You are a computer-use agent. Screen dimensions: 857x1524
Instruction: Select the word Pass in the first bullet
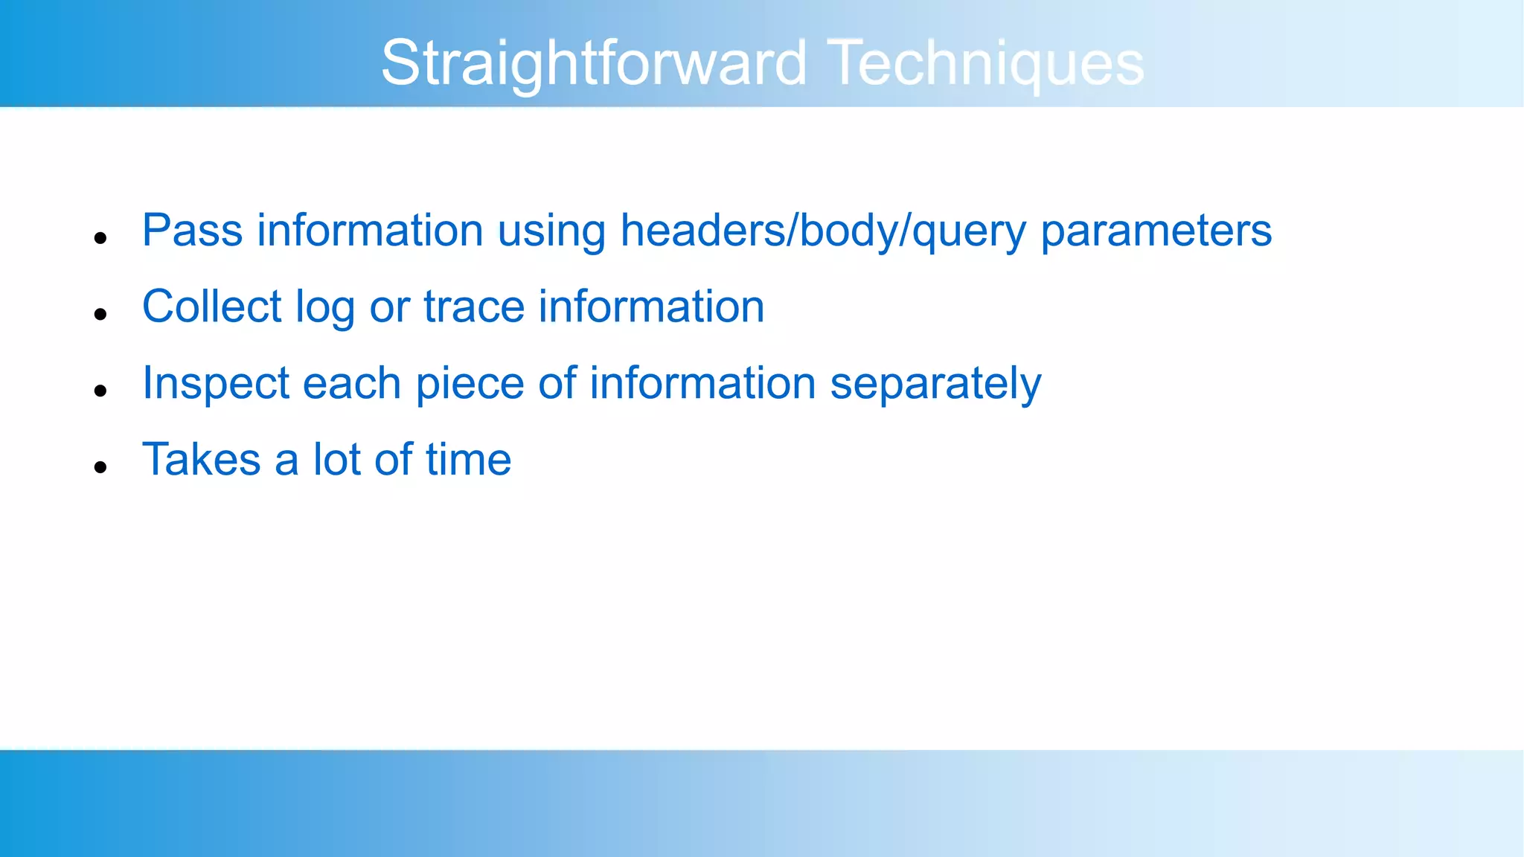coord(192,230)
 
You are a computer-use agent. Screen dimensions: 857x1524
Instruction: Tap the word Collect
coord(212,306)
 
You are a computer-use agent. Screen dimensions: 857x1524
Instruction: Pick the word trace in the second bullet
coord(474,307)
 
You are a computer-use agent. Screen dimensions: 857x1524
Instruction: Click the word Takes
coord(201,459)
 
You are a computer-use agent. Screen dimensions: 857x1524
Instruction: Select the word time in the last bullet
coord(469,459)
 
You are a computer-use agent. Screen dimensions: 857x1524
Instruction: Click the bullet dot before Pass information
coord(101,238)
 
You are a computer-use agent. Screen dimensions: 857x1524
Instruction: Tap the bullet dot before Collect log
coord(101,315)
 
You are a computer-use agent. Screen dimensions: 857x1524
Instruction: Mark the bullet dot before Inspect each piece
coord(101,391)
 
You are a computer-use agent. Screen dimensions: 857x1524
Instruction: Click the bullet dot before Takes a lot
coord(101,467)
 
